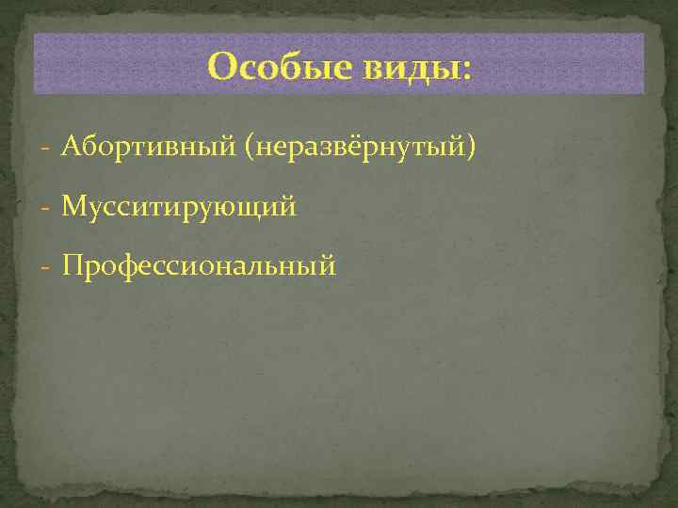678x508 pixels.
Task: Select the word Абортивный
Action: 148,147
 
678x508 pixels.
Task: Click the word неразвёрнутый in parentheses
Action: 363,148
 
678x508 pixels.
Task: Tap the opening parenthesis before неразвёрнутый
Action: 248,148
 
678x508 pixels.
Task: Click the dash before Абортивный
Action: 46,149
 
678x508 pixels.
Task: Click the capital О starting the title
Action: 222,67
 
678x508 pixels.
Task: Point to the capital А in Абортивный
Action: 72,147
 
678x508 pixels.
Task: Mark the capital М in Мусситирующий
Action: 73,206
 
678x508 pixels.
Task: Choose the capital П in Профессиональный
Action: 73,266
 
